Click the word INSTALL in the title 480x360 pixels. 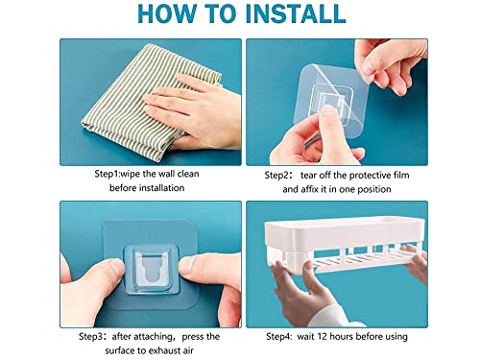[x=296, y=13]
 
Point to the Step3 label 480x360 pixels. [x=91, y=337]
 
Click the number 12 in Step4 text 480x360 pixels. [x=322, y=337]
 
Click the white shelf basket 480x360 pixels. [x=344, y=243]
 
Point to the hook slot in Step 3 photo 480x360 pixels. [x=151, y=270]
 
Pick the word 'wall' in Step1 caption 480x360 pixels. [x=167, y=174]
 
